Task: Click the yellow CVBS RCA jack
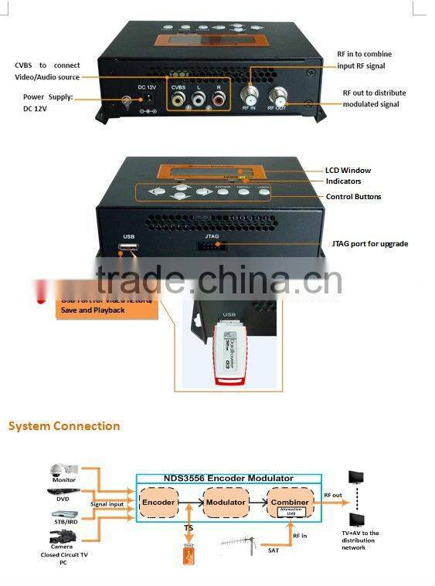(x=179, y=99)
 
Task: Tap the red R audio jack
(x=219, y=99)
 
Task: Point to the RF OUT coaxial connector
(x=277, y=97)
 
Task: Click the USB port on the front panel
(x=126, y=249)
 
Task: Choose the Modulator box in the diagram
(x=225, y=502)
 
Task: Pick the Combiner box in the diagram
(x=291, y=503)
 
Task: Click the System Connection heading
(x=64, y=426)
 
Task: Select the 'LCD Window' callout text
(x=348, y=170)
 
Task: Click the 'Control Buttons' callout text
(x=353, y=197)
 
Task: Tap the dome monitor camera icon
(x=61, y=470)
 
